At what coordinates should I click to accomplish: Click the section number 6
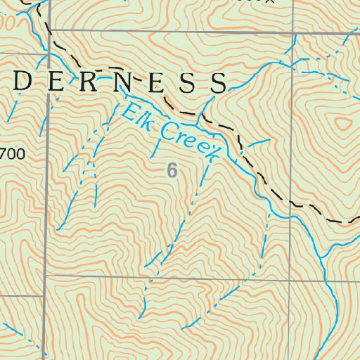[x=172, y=169]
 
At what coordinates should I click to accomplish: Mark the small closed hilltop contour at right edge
[x=342, y=124]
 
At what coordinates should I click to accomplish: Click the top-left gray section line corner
[x=51, y=32]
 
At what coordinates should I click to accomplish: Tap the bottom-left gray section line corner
[x=46, y=277]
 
